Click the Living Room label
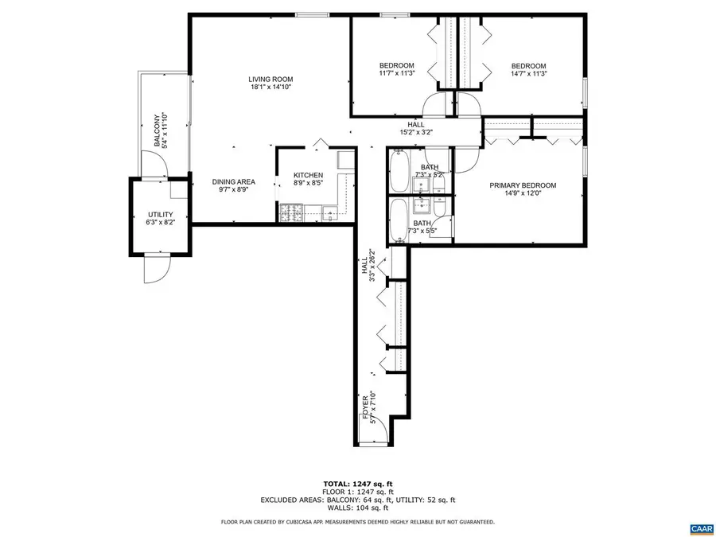[270, 79]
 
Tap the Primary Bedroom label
[523, 185]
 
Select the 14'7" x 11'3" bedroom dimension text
[529, 73]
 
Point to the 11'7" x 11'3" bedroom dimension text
[396, 73]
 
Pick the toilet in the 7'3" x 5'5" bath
[438, 208]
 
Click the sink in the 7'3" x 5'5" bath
[421, 207]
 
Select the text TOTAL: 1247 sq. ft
[358, 484]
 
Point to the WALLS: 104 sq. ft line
[358, 508]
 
